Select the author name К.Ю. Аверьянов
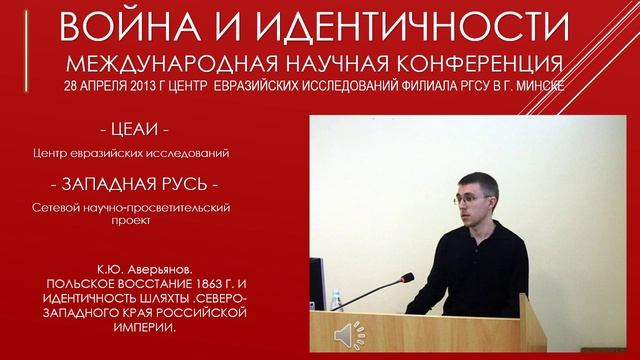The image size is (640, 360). click(x=146, y=271)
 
